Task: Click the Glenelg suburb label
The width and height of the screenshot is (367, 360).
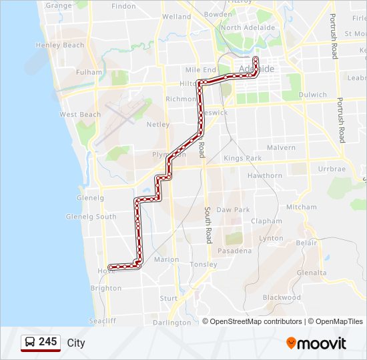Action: click(91, 198)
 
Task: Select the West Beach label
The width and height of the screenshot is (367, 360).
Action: click(80, 115)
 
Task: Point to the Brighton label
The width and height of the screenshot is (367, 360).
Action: click(106, 289)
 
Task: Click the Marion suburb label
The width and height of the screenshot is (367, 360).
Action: click(166, 259)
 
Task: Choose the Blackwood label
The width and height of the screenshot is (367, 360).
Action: click(282, 297)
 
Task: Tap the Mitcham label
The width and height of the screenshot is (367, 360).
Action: click(302, 207)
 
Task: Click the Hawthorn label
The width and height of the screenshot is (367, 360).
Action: click(265, 176)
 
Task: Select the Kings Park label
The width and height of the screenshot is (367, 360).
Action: click(243, 159)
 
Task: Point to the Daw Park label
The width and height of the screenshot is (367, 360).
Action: click(233, 210)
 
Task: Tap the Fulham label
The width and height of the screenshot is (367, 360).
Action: click(89, 72)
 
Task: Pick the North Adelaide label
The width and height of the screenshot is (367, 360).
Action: click(248, 28)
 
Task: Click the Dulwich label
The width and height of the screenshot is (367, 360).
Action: click(313, 95)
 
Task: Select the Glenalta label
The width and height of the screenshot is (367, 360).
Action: click(312, 273)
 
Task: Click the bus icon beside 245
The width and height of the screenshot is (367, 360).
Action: click(29, 342)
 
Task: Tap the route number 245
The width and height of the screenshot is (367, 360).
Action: click(48, 342)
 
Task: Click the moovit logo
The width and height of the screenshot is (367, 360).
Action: click(316, 343)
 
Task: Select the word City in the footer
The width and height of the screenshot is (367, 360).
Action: click(76, 343)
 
